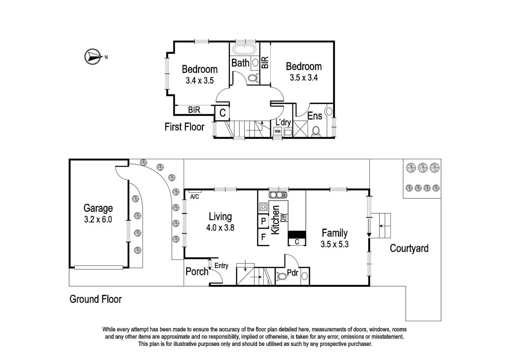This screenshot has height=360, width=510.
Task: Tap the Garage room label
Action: coord(98,208)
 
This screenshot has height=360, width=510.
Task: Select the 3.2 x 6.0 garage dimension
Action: coord(98,219)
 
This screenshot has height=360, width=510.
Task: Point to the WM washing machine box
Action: coord(277,132)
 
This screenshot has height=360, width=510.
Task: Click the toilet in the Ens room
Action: coord(316,131)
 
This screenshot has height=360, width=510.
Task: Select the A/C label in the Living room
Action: coord(195,197)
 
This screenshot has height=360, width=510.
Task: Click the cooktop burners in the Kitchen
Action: coord(263,207)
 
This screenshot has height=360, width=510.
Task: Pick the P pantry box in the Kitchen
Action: coord(263,221)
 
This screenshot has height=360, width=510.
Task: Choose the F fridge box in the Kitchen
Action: coord(263,237)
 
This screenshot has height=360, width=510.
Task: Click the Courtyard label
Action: coord(409,248)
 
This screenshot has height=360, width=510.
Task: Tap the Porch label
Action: coord(197,271)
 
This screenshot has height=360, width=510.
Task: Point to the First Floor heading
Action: coord(184,127)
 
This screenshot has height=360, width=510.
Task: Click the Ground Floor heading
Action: coord(96,299)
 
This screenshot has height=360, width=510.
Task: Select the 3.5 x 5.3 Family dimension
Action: coord(334,244)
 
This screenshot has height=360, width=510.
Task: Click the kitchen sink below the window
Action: coord(278,194)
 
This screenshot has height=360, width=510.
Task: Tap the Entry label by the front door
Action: coord(221,265)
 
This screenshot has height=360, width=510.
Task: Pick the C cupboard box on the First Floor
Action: coord(223,113)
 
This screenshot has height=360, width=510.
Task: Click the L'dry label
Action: coord(283,122)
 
